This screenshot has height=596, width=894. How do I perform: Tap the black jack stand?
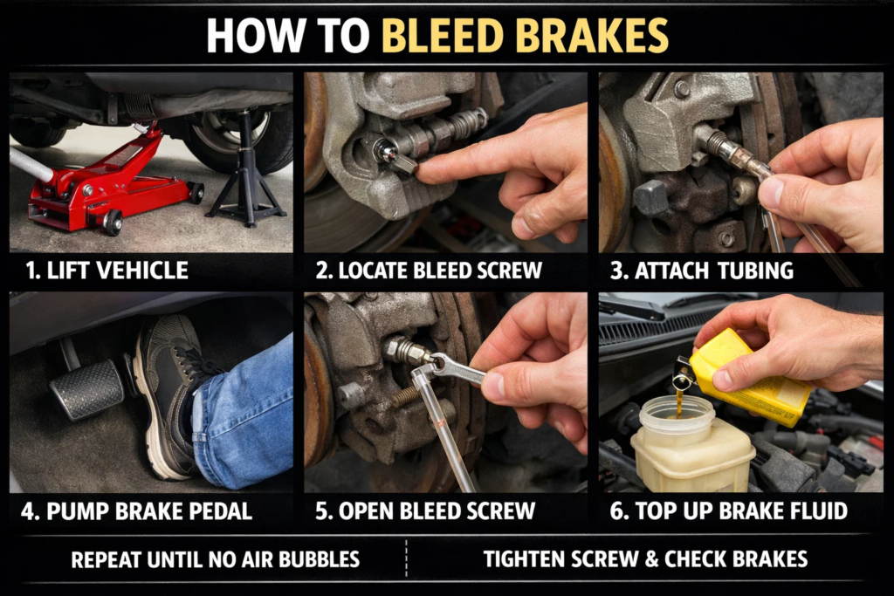246,175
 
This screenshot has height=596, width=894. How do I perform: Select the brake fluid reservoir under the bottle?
690,445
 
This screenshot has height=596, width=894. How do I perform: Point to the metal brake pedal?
87,388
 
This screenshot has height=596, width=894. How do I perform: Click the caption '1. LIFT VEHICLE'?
107,271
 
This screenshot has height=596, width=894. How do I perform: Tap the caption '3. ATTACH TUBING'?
702,271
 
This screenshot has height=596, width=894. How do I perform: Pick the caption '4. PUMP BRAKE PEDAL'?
136,511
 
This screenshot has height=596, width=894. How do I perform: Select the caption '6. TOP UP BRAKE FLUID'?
728,511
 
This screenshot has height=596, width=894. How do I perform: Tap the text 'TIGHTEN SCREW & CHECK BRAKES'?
645,559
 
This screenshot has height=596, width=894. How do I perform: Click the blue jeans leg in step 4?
249,414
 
